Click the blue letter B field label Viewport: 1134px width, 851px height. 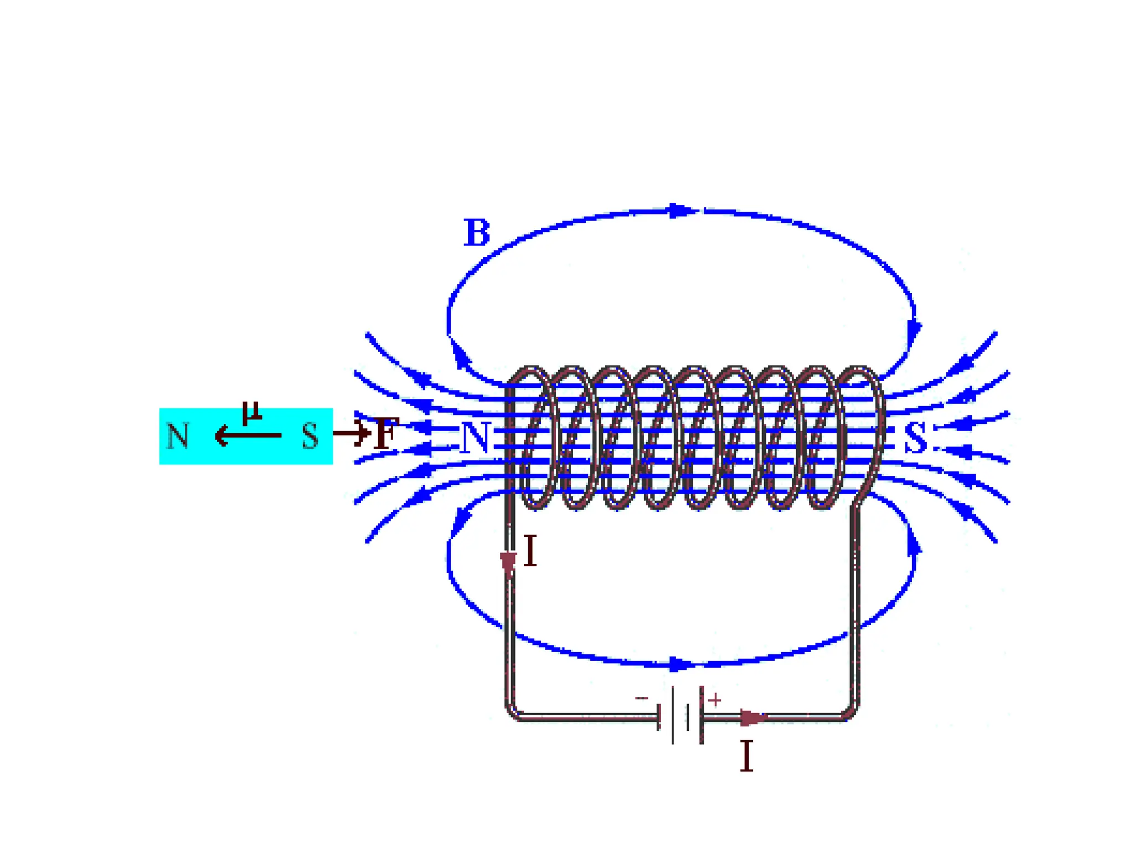click(477, 233)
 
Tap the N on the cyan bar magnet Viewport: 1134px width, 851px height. click(178, 435)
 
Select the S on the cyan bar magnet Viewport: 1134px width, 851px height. click(310, 435)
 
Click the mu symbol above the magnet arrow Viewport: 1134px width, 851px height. click(252, 412)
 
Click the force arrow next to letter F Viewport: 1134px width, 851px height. click(352, 433)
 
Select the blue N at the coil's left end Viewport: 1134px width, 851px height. click(475, 438)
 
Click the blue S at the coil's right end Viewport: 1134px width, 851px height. click(915, 438)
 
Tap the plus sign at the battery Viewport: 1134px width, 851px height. click(714, 700)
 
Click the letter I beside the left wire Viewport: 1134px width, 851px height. click(530, 551)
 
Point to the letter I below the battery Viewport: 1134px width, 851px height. click(746, 756)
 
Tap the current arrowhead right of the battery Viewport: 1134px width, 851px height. click(752, 718)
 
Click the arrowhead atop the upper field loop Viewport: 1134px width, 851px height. click(680, 211)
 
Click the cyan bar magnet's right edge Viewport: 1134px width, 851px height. click(332, 436)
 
